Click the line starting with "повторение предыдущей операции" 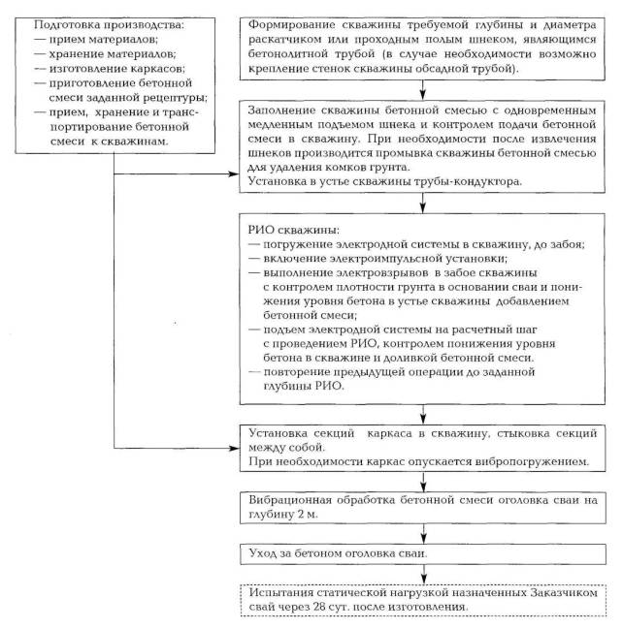[359, 371]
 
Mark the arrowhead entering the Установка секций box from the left [234, 448]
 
